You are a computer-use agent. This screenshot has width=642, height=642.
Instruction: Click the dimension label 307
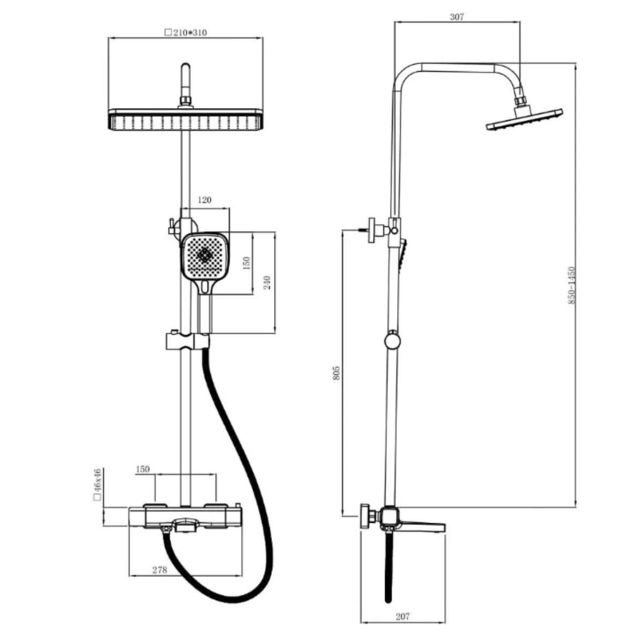[457, 17]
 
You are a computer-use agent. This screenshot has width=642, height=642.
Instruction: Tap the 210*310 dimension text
[190, 32]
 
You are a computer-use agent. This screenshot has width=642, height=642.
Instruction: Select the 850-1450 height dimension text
[571, 285]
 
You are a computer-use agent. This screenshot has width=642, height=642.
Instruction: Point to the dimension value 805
[337, 373]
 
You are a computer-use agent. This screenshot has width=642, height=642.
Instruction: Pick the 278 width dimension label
[159, 570]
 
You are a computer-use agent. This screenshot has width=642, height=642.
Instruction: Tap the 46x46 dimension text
[97, 480]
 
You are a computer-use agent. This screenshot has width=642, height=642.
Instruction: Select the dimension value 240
[267, 282]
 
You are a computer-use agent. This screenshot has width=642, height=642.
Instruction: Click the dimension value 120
[204, 200]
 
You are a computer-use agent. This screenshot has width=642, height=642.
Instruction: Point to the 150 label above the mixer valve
[143, 469]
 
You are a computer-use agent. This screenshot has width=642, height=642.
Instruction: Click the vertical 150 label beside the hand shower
[246, 263]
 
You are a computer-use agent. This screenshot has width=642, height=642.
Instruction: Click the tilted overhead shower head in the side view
[524, 119]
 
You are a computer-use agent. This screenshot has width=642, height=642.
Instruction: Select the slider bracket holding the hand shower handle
[188, 340]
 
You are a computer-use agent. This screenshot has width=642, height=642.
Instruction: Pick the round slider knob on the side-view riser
[392, 341]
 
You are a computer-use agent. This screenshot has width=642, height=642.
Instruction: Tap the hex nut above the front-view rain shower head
[186, 100]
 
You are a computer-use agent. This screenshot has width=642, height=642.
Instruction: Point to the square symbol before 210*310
[168, 32]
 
